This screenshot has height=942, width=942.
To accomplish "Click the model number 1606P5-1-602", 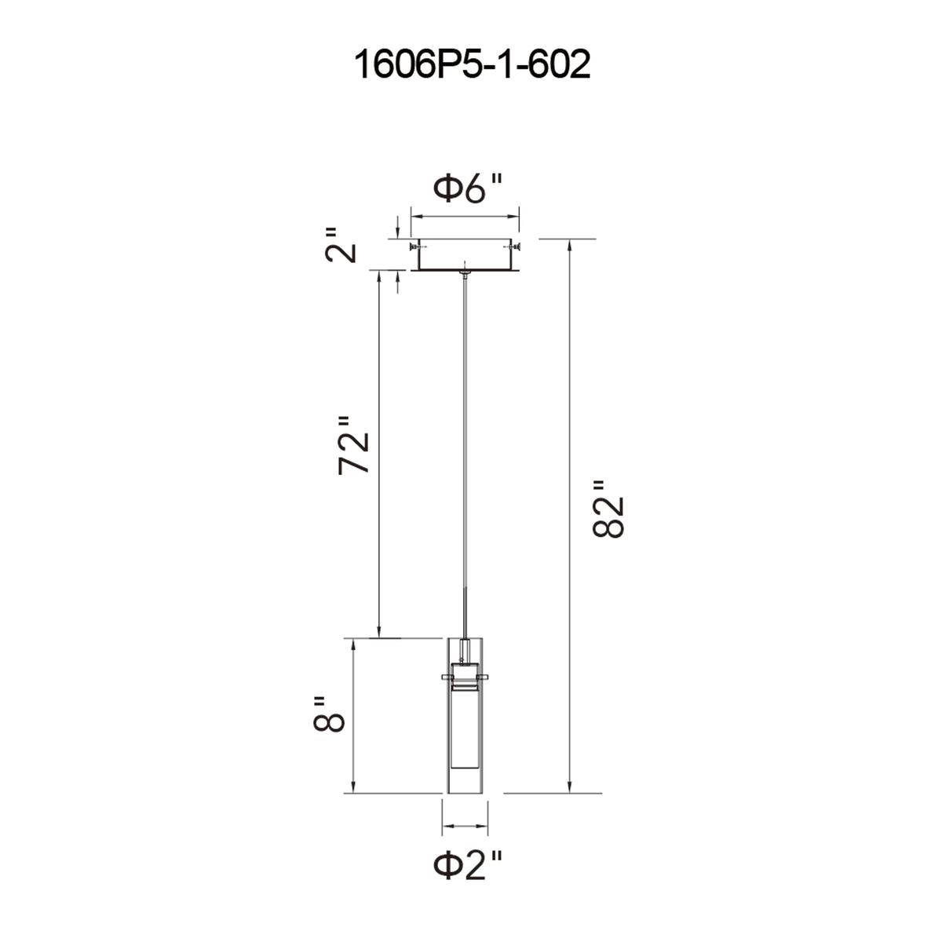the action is pyautogui.click(x=471, y=65).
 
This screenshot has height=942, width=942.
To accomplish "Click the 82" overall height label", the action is pyautogui.click(x=608, y=510).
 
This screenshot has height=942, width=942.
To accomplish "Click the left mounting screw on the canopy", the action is pyautogui.click(x=414, y=246).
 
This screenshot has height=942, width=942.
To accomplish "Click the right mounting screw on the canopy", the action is pyautogui.click(x=515, y=246).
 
